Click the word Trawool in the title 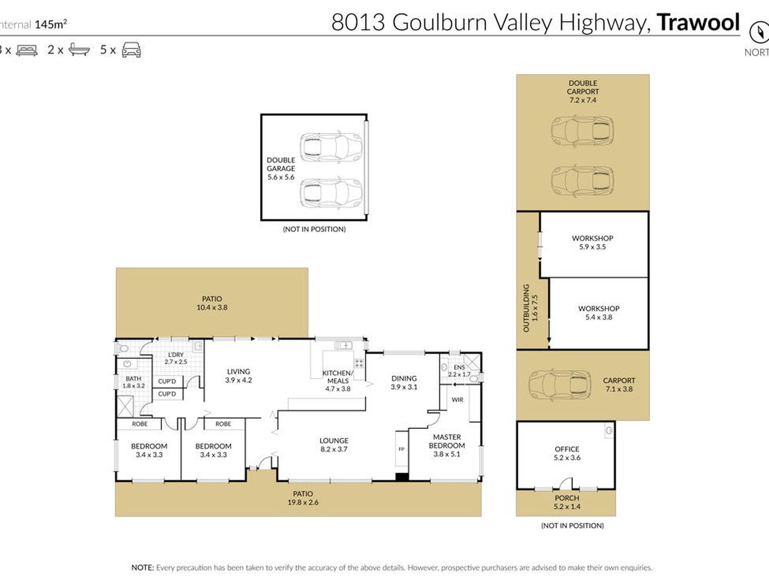698,22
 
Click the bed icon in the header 27,50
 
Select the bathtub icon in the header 79,50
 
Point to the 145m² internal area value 51,24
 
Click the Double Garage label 280,168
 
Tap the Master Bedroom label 447,445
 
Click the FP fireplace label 401,449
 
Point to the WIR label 457,399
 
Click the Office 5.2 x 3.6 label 567,453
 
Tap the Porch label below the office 567,502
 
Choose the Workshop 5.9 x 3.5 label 592,243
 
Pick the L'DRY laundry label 176,358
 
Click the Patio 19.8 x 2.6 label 303,498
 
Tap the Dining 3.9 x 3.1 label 404,382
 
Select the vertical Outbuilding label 530,308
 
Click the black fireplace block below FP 402,477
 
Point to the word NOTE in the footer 142,568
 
